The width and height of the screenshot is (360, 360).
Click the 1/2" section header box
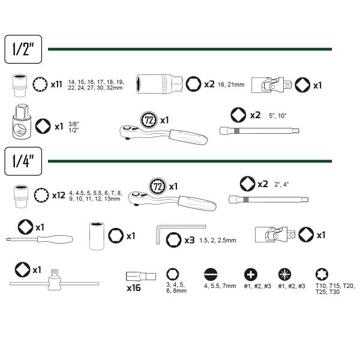click(23, 49)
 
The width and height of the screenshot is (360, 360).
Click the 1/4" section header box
click(23, 161)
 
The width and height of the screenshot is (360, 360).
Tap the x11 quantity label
click(56, 85)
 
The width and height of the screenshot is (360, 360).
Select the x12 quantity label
click(59, 196)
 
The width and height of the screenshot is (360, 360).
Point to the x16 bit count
click(134, 288)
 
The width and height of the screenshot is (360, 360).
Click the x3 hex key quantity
click(190, 241)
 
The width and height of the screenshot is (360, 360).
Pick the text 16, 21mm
click(231, 85)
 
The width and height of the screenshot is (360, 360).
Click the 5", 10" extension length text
click(278, 116)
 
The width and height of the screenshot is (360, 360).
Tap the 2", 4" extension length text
click(281, 184)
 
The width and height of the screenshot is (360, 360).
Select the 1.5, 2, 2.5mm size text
click(218, 241)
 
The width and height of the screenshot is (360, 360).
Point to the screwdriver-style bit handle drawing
click(40, 239)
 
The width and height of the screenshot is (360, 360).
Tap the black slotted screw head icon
click(211, 274)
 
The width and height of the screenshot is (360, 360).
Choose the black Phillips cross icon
click(250, 274)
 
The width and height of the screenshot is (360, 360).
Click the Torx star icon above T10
click(322, 274)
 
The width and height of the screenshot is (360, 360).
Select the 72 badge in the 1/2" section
click(149, 120)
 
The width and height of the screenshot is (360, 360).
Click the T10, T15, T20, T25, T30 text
click(335, 289)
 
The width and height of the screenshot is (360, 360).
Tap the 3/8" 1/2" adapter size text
click(73, 127)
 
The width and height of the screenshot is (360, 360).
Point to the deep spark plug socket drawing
click(160, 84)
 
